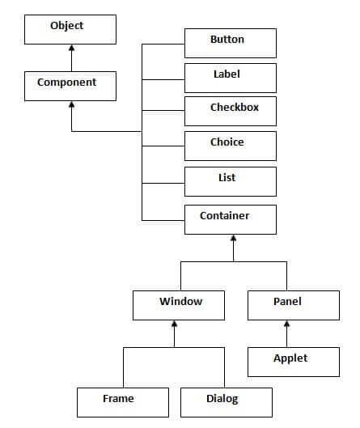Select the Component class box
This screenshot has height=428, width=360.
(71, 85)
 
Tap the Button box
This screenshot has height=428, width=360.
(231, 42)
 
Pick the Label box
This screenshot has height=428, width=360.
(231, 77)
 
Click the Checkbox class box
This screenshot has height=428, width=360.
(231, 111)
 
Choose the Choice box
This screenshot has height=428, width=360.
(231, 146)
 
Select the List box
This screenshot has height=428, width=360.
(231, 180)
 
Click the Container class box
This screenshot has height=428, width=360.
(231, 218)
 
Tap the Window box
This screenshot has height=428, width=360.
(180, 304)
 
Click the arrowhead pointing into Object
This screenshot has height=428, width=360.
(71, 50)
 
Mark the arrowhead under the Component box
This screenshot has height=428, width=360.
(71, 106)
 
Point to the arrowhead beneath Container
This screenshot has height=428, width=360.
(233, 239)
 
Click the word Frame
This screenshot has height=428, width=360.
(119, 398)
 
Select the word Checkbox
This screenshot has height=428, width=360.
(235, 108)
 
